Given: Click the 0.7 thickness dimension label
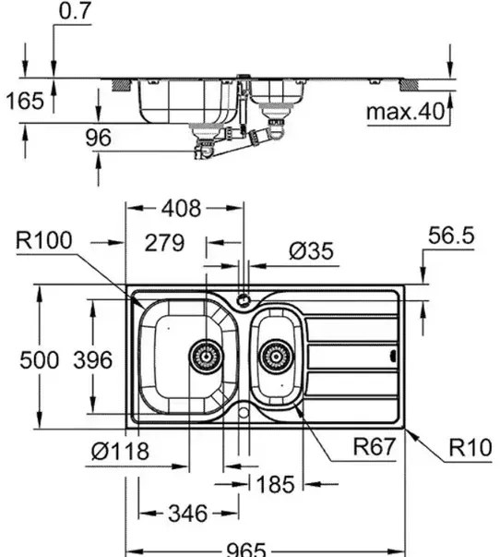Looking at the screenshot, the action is (x=76, y=11).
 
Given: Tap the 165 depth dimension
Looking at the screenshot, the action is (x=25, y=101).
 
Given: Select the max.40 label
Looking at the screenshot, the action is (x=405, y=111).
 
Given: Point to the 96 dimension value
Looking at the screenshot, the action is (x=99, y=138).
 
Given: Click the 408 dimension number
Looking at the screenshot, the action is (x=182, y=208).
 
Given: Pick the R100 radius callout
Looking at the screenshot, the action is (x=44, y=240).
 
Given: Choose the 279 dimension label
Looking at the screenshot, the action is (x=164, y=243).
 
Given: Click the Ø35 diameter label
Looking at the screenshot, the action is (x=311, y=251).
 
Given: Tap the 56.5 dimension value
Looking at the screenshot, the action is (x=451, y=236).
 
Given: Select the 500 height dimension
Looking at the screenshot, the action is (x=39, y=359).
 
